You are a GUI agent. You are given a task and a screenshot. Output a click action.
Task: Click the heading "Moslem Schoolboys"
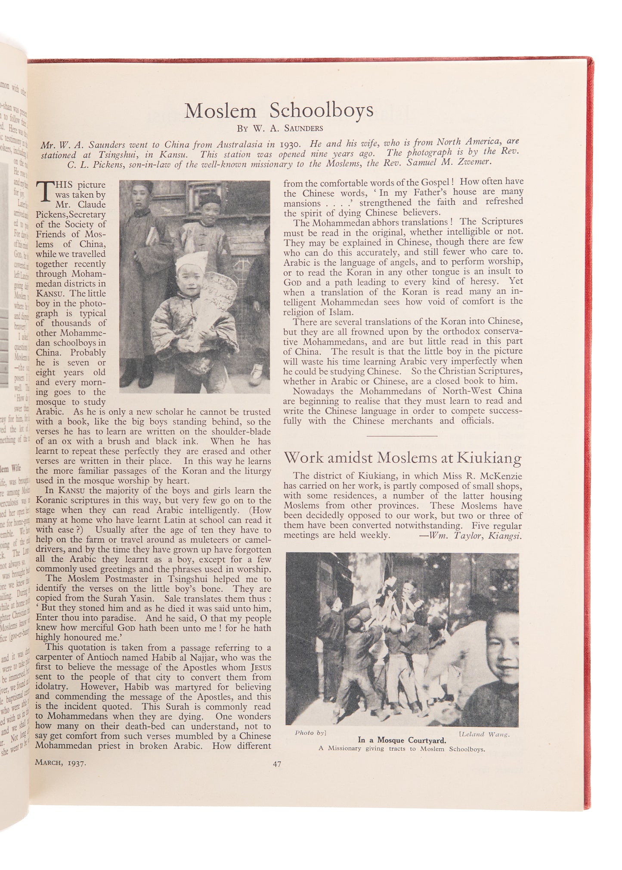tap(279, 111)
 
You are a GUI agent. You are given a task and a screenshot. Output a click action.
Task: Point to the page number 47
tap(277, 764)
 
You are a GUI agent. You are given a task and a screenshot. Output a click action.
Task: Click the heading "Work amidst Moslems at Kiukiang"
tap(402, 457)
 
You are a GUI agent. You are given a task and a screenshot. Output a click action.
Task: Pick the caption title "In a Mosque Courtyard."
tap(402, 740)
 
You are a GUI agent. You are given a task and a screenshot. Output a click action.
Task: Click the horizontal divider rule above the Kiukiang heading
tap(402, 435)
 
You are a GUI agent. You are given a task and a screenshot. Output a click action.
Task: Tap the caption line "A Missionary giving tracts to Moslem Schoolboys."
tap(402, 749)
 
